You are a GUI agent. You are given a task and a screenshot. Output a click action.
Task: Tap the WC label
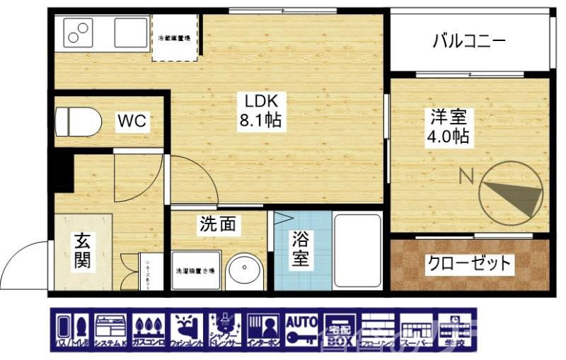132,121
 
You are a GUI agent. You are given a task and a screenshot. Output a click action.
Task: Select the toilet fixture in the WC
73,120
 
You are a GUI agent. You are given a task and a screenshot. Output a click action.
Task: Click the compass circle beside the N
513,192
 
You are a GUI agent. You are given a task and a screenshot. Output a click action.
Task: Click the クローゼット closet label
468,265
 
